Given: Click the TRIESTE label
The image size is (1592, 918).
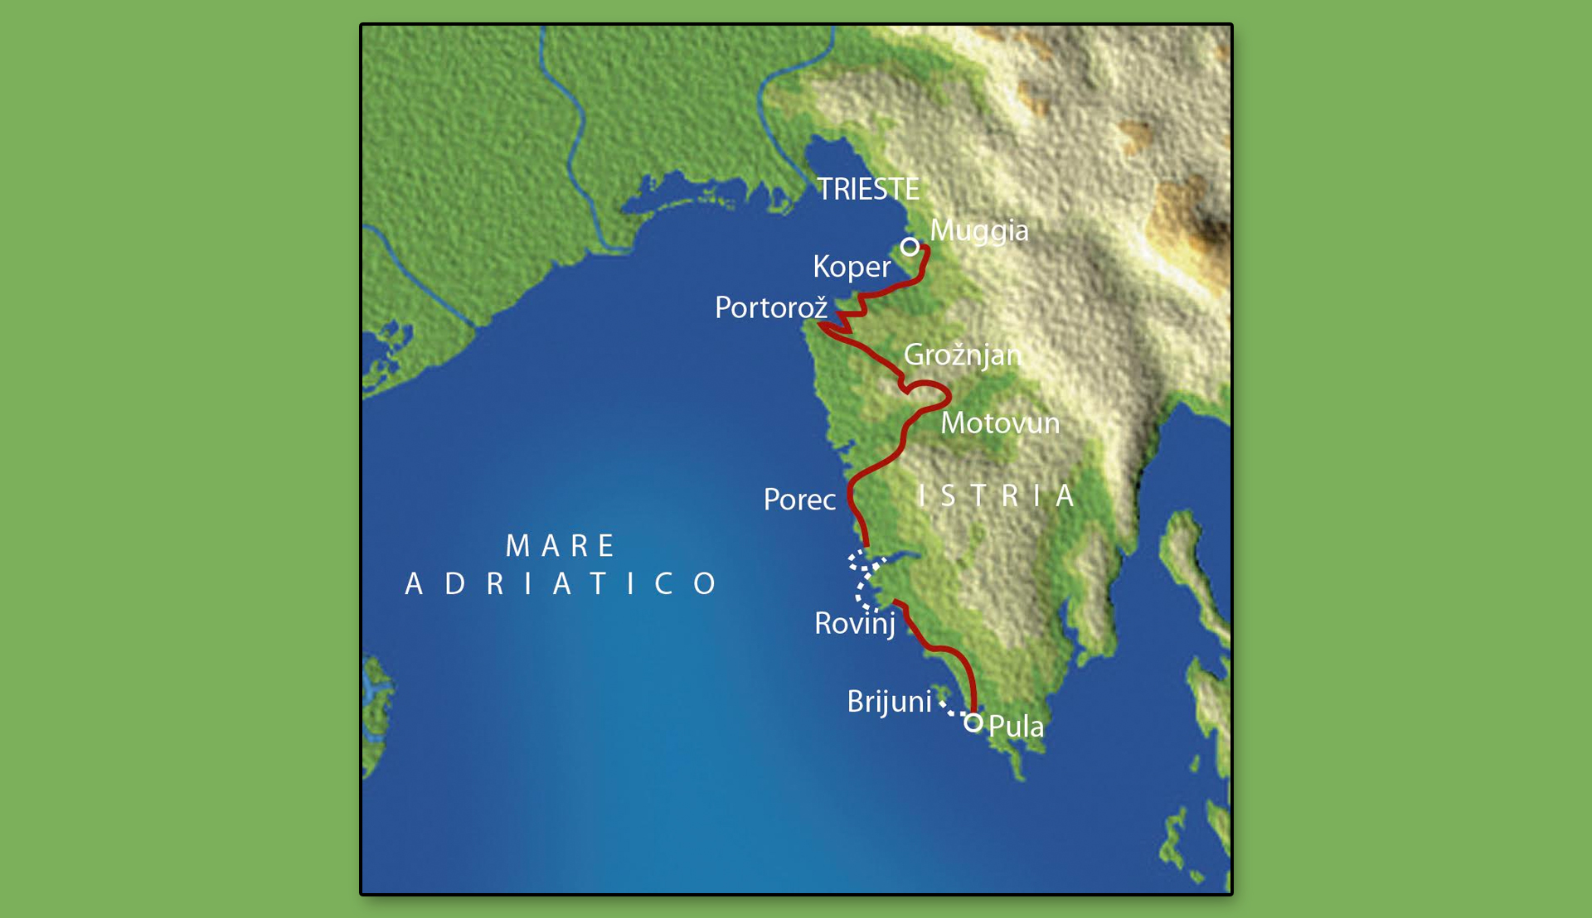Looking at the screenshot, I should (x=867, y=190).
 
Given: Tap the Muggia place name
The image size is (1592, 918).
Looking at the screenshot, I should (x=978, y=230).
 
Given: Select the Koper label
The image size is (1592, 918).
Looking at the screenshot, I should (x=852, y=267).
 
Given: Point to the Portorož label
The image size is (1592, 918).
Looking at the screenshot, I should (x=771, y=308).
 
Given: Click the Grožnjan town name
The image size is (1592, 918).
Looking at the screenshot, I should (x=962, y=355).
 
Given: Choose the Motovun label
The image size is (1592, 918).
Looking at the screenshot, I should (x=1000, y=423).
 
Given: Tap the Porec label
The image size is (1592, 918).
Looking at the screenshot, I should (x=799, y=500).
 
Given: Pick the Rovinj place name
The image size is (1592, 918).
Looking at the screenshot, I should (x=855, y=624).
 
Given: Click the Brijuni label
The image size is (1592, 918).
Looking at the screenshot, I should (x=889, y=702).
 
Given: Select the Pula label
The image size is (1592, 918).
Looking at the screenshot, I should (x=1016, y=727).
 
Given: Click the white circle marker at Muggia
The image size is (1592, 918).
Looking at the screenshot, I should (x=910, y=247).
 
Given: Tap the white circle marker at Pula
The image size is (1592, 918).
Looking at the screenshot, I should (x=973, y=723).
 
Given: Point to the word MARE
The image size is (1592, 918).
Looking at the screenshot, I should (x=561, y=546).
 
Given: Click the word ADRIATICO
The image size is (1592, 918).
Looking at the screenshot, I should (x=561, y=584).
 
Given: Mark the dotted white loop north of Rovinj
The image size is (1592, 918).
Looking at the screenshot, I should (x=862, y=580).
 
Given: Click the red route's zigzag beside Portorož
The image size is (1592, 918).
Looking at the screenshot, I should (x=847, y=318).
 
